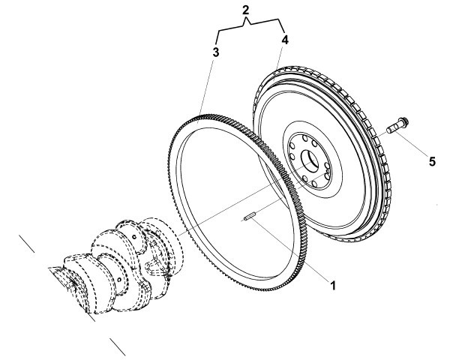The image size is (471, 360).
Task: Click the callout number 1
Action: pyautogui.click(x=333, y=286)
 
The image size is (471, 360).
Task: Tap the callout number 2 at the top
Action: pyautogui.click(x=246, y=10)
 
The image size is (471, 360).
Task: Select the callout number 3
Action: pyautogui.click(x=216, y=52)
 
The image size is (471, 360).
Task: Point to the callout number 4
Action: pyautogui.click(x=285, y=40)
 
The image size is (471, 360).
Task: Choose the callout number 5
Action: pyautogui.click(x=432, y=162)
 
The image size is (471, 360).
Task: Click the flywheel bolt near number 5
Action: pyautogui.click(x=397, y=125)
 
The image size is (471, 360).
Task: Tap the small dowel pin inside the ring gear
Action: pyautogui.click(x=250, y=216)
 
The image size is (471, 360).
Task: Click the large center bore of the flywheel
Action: pyautogui.click(x=310, y=161)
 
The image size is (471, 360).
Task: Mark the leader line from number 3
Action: pyautogui.click(x=205, y=89)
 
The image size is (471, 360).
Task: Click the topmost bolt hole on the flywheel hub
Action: pyautogui.click(x=305, y=138)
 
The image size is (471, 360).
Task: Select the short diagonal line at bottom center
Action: pyautogui.click(x=118, y=346)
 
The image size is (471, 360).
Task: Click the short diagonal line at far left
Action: pyautogui.click(x=27, y=244)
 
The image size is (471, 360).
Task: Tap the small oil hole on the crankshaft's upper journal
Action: pyautogui.click(x=134, y=237)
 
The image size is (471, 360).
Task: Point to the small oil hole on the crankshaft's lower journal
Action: pyautogui.click(x=119, y=280)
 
